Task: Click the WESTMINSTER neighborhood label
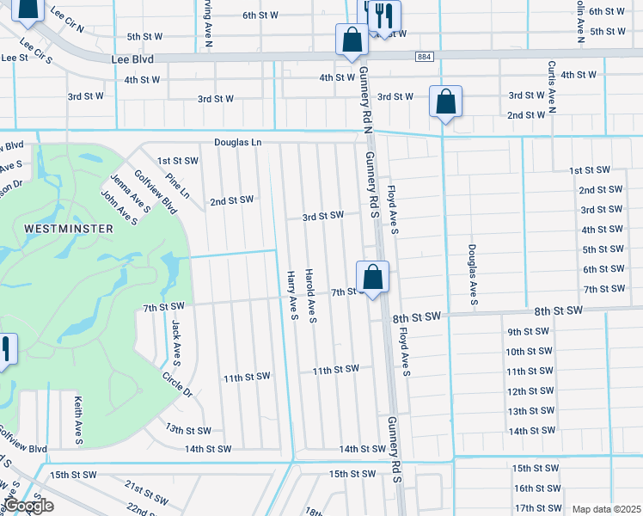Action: (x=68, y=229)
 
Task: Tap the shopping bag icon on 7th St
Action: (x=372, y=278)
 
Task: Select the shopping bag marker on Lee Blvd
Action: (x=352, y=40)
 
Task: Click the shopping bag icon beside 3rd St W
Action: (x=446, y=101)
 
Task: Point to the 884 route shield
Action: (x=428, y=57)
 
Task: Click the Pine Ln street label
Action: (x=178, y=189)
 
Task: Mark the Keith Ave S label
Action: (x=77, y=421)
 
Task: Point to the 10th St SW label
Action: (x=528, y=352)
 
